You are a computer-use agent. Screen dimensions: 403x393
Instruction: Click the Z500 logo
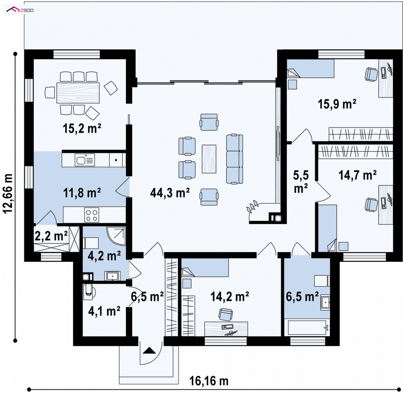tap(20, 10)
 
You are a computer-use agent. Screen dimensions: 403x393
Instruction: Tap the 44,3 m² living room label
tap(170, 193)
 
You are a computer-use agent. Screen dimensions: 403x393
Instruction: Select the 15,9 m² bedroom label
tap(337, 104)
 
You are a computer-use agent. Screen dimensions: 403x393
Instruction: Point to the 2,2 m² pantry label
tap(51, 236)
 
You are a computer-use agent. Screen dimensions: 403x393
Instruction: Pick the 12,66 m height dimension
tap(8, 193)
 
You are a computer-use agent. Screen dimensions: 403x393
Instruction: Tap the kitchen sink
tap(85, 160)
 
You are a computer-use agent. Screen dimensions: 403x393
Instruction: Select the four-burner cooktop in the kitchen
tap(92, 215)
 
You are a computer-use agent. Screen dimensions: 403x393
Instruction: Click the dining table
tap(78, 93)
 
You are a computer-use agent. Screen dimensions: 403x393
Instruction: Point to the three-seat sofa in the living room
tap(234, 159)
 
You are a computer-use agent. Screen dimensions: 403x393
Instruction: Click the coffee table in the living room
tap(209, 159)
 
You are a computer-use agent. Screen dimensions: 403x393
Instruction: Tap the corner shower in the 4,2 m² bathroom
tap(116, 236)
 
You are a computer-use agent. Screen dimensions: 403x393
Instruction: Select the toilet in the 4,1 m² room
tap(89, 292)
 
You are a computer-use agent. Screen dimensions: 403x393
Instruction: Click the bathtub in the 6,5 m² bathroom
tap(307, 328)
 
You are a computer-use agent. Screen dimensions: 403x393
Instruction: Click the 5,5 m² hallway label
tap(301, 182)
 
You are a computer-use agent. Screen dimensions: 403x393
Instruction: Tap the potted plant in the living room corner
tap(252, 207)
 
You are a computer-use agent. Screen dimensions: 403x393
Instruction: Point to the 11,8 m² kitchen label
tap(82, 193)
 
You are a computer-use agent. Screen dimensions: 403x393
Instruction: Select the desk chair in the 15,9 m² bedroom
tap(371, 74)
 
